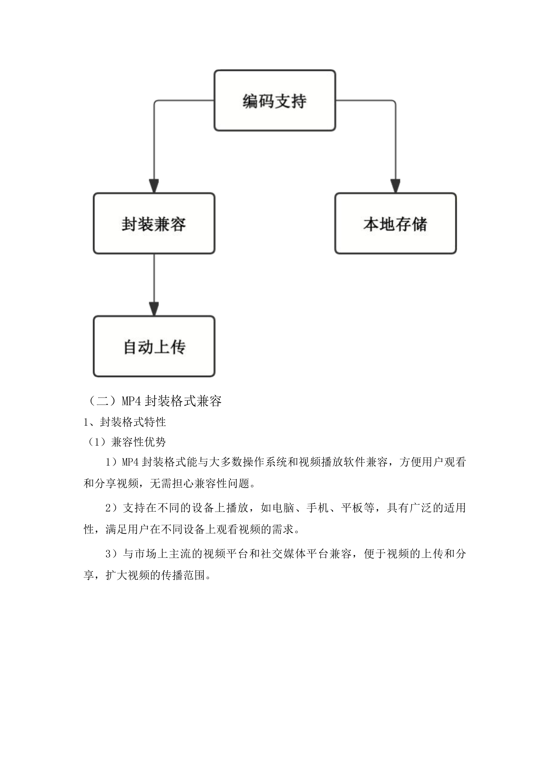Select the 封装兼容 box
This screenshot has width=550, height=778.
click(x=154, y=224)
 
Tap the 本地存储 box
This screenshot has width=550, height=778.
click(x=395, y=224)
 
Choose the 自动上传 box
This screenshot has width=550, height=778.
click(x=154, y=346)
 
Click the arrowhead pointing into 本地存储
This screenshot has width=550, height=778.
click(x=395, y=186)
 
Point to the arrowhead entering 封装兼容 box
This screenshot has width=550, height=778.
click(x=154, y=186)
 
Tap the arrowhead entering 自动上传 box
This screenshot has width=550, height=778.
click(x=154, y=309)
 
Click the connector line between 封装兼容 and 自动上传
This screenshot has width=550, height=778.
click(x=154, y=278)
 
